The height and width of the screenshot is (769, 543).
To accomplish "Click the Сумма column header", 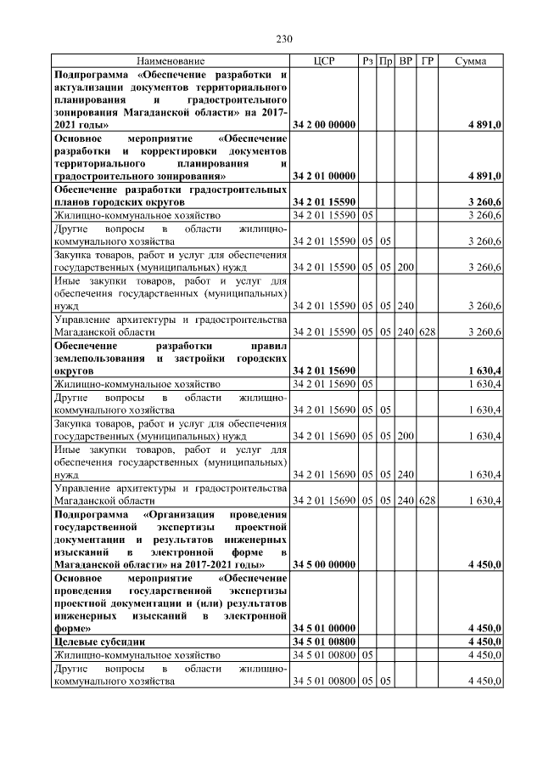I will pos(470,62).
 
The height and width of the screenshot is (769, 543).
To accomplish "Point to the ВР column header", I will pos(406,62).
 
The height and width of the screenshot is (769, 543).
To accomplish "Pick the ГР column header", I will pos(428,62).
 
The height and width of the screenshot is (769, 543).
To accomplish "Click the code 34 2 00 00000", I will pos(322,125).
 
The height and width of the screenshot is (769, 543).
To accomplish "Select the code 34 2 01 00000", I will pos(322,175).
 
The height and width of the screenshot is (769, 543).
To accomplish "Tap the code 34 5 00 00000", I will pos(322,564).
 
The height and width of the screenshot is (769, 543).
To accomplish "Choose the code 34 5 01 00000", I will pos(322,628).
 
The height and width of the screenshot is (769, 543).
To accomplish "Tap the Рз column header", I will pos(367,62).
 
